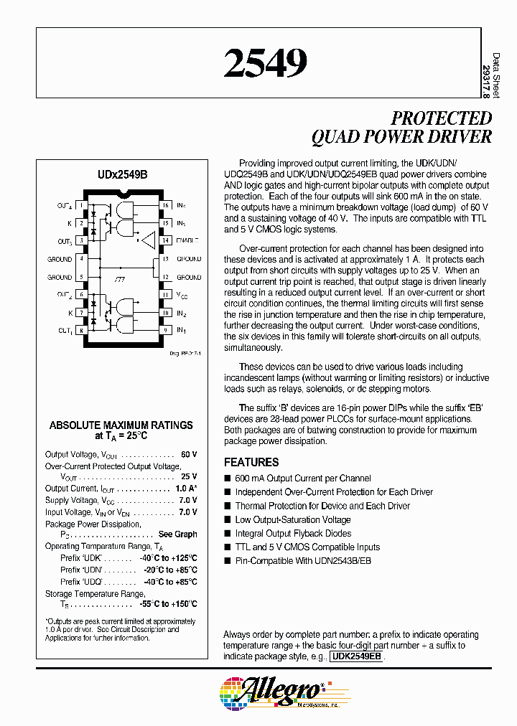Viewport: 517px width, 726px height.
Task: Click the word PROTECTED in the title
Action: coord(441,118)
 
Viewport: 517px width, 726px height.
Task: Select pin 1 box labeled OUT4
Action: coord(83,206)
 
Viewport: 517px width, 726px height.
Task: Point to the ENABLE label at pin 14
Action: coord(188,240)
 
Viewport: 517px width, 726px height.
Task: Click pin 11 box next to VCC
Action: coord(164,294)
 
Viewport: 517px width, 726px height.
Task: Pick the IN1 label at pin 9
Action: coord(182,330)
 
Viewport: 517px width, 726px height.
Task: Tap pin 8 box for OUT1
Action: coord(83,330)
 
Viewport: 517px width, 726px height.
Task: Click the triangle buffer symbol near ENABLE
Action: coord(148,240)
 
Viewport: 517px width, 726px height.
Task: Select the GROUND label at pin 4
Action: coord(60,259)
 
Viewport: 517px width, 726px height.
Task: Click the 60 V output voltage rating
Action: coord(189,455)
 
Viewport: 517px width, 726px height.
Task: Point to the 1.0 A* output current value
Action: coord(186,489)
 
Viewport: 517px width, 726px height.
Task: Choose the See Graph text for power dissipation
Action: coord(177,534)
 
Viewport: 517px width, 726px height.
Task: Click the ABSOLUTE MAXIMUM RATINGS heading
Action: coord(121,425)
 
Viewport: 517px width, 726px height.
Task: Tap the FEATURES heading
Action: coord(251,463)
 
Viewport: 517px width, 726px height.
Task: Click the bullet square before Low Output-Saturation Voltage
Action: coord(228,520)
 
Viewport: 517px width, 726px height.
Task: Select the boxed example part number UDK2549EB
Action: coord(357,656)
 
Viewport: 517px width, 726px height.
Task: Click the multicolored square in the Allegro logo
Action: coord(230,693)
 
